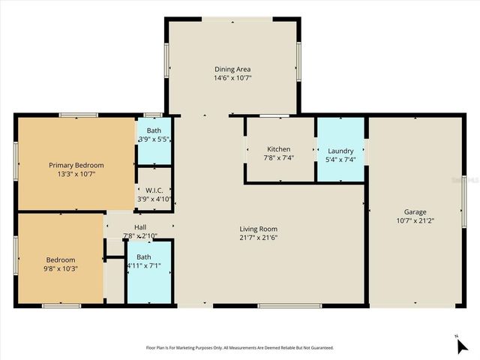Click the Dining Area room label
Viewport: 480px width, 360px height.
(x=232, y=68)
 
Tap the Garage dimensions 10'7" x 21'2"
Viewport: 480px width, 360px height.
(x=415, y=220)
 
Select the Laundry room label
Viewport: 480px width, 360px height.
(x=340, y=151)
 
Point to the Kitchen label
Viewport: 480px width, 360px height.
(x=279, y=148)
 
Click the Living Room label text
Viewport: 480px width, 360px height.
(x=259, y=229)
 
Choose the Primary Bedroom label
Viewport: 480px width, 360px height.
(x=76, y=165)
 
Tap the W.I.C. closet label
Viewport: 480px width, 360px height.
(x=154, y=190)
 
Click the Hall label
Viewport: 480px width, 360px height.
(x=140, y=227)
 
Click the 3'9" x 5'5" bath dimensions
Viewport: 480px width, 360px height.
(x=154, y=139)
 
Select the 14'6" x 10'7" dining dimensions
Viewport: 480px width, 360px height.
(x=232, y=77)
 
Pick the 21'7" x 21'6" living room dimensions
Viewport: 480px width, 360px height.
(x=259, y=238)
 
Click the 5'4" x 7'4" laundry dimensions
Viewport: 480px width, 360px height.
(x=340, y=159)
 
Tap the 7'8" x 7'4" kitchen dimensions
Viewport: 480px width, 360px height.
(x=279, y=157)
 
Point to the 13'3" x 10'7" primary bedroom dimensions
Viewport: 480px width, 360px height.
(x=76, y=174)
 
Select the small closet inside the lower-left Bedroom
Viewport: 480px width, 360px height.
(x=114, y=282)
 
